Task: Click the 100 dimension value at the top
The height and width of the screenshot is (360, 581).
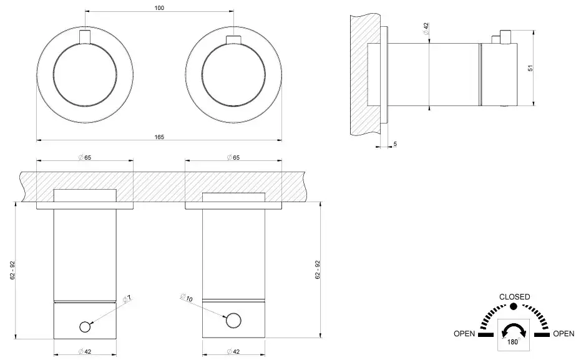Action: tap(159, 7)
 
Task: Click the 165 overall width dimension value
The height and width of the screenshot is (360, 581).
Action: tap(159, 137)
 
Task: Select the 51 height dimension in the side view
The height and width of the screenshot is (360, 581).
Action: tap(530, 68)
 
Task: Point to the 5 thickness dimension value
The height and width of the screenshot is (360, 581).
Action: tap(396, 144)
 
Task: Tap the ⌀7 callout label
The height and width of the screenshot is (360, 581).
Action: tap(127, 299)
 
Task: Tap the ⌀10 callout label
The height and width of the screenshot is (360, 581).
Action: tap(186, 297)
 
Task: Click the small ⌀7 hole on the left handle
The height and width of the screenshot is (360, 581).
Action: tap(85, 327)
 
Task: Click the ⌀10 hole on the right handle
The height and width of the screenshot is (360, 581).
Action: tap(233, 321)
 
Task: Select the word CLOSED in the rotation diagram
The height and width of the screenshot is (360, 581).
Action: tap(514, 296)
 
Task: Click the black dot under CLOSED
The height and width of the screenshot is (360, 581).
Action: tap(513, 306)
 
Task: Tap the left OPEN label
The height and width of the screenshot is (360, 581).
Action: tap(464, 334)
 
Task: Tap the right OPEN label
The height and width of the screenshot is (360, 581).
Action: tap(564, 334)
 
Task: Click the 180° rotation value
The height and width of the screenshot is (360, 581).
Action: tap(513, 342)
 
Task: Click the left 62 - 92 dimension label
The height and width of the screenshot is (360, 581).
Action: tap(12, 270)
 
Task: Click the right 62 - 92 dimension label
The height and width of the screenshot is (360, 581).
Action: tap(318, 270)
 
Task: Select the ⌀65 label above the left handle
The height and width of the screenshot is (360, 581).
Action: tap(85, 157)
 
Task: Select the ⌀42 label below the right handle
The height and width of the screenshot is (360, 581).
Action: tap(233, 352)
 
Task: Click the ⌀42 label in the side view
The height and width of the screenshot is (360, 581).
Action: tap(426, 29)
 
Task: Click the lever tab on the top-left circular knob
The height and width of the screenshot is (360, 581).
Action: tap(85, 37)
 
